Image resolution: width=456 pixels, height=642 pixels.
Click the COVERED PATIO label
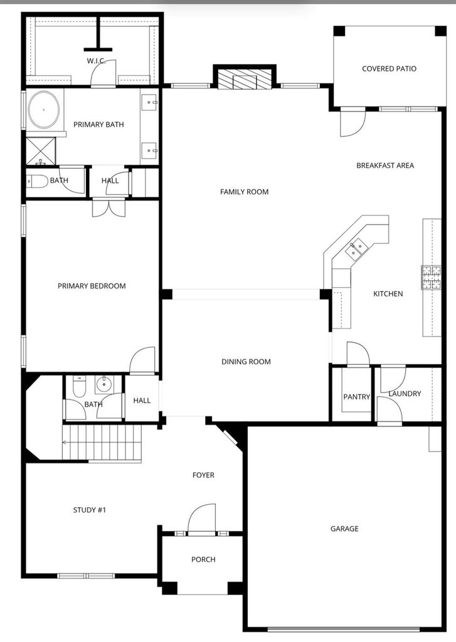click(389, 69)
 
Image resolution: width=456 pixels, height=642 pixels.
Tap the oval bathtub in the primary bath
click(44, 110)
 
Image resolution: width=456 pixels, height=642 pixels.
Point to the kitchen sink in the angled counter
click(355, 249)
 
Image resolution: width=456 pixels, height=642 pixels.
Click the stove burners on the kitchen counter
click(432, 277)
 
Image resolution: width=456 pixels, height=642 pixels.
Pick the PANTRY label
click(356, 397)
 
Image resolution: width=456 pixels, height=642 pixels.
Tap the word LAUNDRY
click(405, 394)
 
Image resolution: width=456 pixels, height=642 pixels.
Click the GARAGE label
click(344, 529)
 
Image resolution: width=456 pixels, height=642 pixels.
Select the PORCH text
click(203, 559)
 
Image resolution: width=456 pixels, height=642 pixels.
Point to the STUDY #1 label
click(90, 510)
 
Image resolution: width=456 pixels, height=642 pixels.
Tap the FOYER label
click(203, 475)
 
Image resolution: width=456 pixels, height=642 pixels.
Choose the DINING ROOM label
click(246, 362)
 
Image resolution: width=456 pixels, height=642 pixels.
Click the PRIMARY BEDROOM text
click(92, 286)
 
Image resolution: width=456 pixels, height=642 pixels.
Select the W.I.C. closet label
click(96, 61)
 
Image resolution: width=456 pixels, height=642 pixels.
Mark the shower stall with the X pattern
click(41, 151)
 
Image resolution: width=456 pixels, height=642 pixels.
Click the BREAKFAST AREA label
click(385, 166)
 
